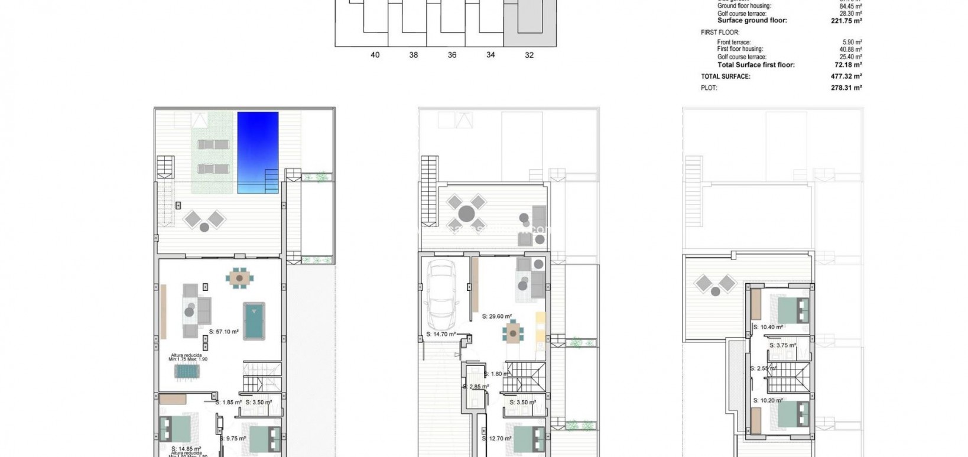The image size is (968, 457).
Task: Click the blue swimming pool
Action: point(258,152)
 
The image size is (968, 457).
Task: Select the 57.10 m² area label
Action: point(224,332)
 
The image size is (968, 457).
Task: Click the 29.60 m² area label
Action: point(496,316)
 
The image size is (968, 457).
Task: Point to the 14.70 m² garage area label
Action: point(441,335)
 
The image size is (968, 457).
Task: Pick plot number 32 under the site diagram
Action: point(529,55)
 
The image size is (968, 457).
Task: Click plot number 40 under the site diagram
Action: point(375,55)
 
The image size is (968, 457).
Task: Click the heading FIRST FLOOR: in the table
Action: point(720,33)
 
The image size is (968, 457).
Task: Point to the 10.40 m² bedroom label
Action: point(768,327)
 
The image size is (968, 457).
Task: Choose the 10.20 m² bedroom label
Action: point(768,400)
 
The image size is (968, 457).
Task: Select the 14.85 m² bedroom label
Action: point(186,449)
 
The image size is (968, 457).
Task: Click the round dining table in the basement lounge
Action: point(239,277)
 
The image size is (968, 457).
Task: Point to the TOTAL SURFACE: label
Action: point(726,76)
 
